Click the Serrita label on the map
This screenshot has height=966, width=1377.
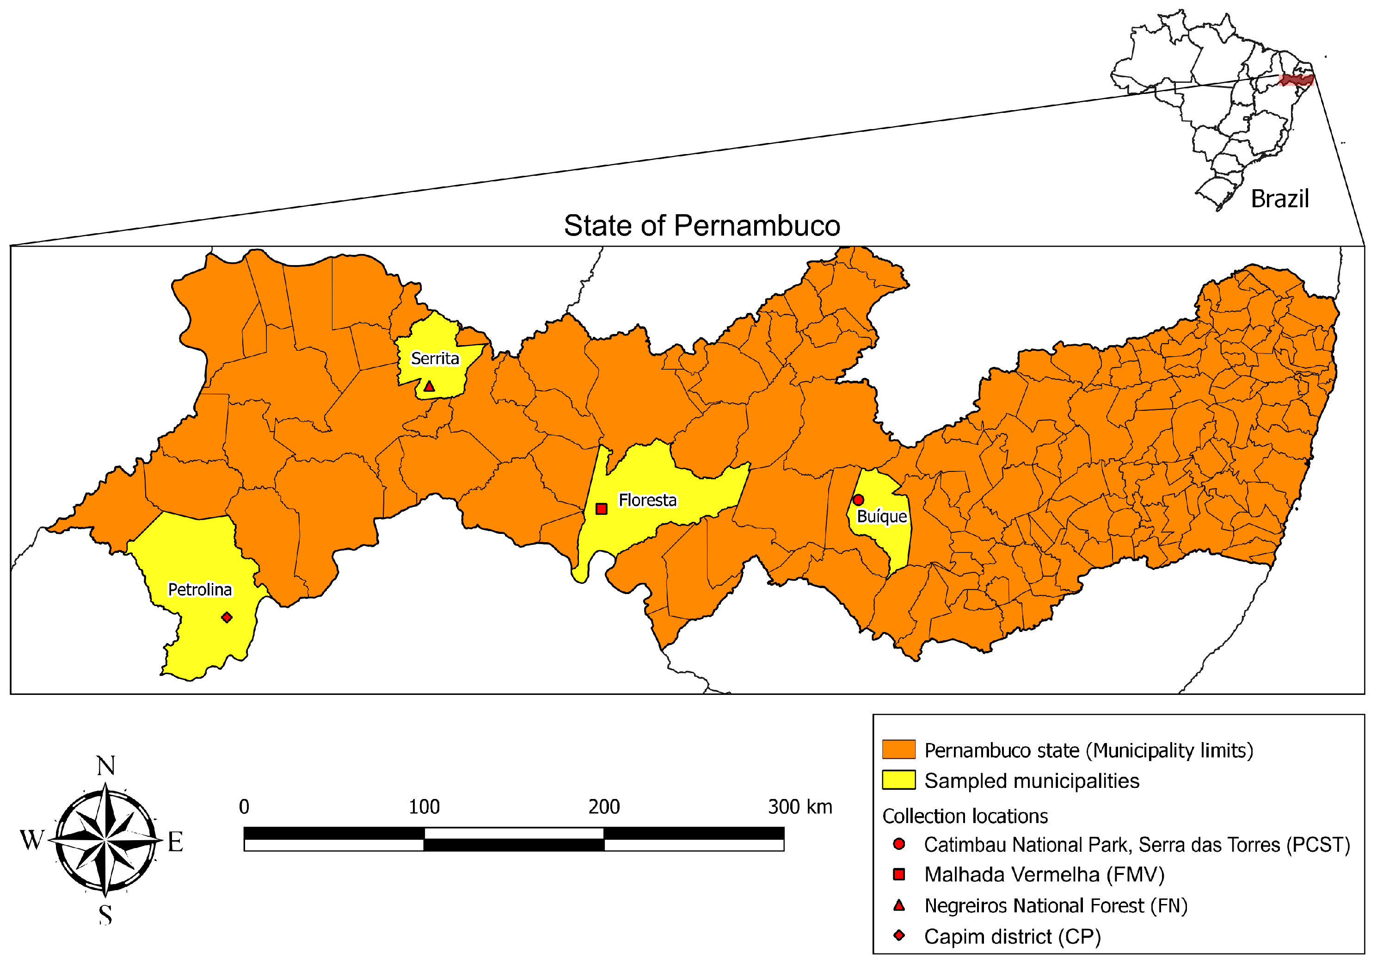(x=435, y=359)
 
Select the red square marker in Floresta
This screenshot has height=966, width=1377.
(x=602, y=509)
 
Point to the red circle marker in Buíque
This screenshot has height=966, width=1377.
(x=858, y=500)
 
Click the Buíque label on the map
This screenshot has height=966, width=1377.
(x=882, y=517)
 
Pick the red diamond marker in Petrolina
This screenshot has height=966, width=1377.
(x=227, y=618)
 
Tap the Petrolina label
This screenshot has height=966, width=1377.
(x=200, y=590)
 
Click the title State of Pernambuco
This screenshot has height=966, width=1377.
(x=702, y=226)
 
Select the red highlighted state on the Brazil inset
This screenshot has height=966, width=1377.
(x=1296, y=80)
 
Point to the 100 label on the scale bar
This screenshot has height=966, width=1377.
(x=424, y=807)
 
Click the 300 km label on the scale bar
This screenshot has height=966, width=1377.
(x=799, y=807)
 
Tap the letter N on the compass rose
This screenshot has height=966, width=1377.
(x=105, y=766)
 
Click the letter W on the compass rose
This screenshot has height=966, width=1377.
(x=32, y=841)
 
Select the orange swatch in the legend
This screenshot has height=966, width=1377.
(x=898, y=749)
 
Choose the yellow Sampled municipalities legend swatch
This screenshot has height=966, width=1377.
(x=898, y=780)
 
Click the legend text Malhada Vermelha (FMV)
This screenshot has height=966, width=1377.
(x=1044, y=875)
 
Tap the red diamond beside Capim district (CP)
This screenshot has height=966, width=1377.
(x=898, y=935)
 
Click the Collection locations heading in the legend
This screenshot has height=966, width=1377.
(x=965, y=817)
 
